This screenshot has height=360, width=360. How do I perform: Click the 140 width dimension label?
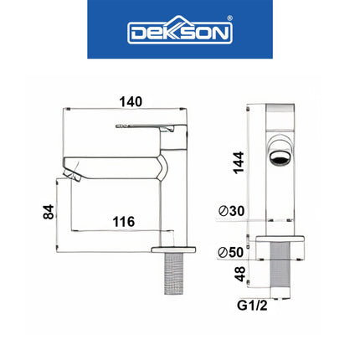point(131,101)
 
